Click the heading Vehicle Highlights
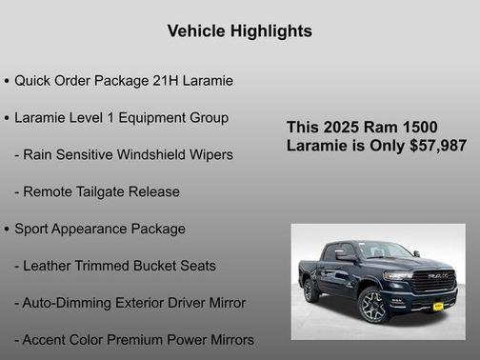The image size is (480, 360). click(239, 31)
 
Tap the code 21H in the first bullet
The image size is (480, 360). click(178, 80)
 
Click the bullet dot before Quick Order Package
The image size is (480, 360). click(7, 81)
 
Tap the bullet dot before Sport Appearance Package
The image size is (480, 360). click(7, 230)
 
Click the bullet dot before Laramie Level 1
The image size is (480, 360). click(7, 118)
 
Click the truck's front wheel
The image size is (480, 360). click(374, 307)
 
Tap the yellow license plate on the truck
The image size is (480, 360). click(437, 306)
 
